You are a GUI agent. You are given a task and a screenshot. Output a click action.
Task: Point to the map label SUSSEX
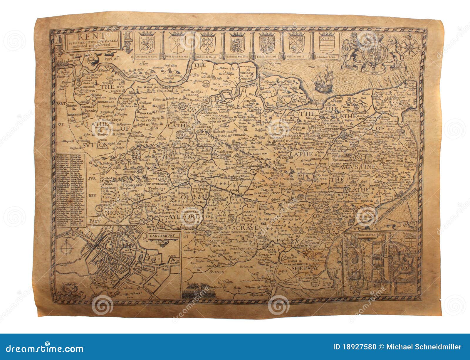coord(217,272)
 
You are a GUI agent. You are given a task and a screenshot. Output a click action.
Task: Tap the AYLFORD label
coord(185,217)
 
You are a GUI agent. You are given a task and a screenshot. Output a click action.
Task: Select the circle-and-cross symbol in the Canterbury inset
coord(66,247)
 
